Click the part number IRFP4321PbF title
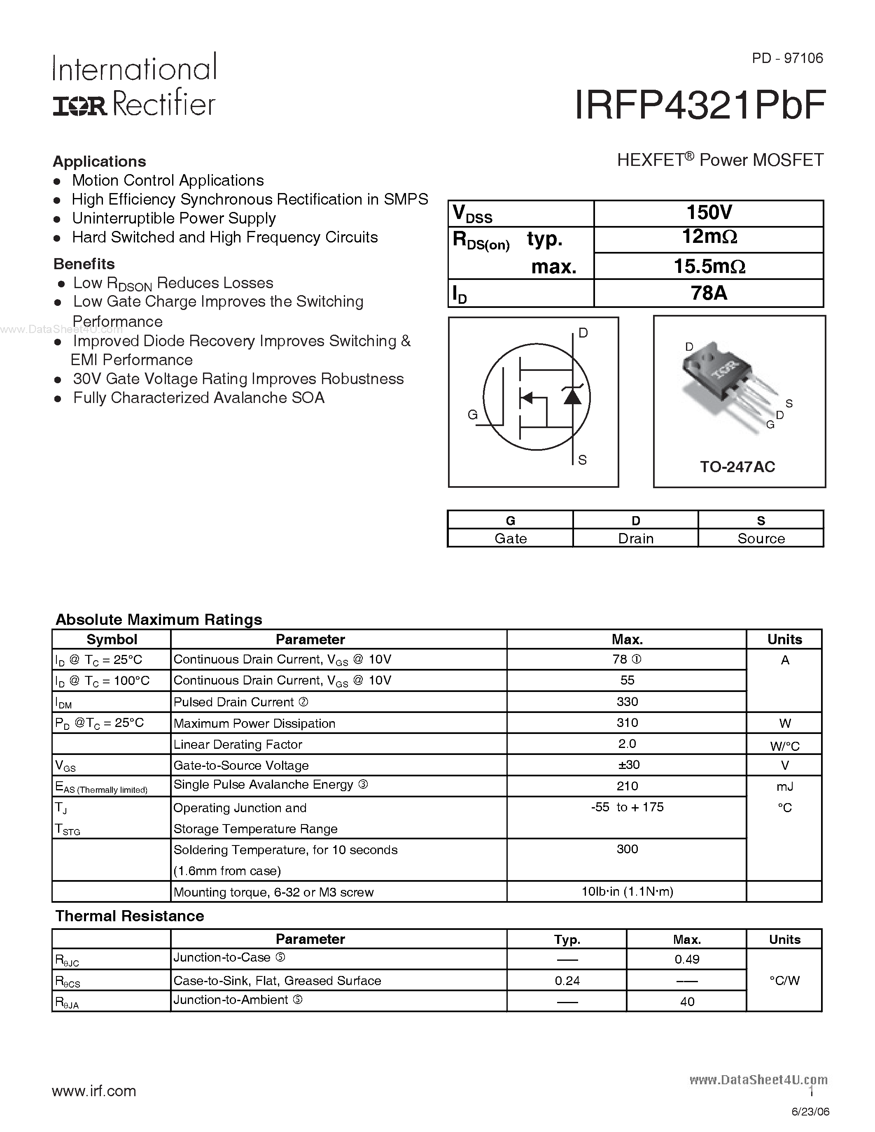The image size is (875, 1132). (x=699, y=106)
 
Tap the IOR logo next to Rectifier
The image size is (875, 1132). (x=79, y=106)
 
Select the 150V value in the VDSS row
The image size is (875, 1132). (x=709, y=212)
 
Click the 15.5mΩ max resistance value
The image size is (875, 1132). (x=709, y=266)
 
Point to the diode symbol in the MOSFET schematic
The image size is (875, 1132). (x=572, y=396)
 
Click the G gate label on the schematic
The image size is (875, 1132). (x=472, y=415)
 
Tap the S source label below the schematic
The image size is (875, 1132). (x=582, y=460)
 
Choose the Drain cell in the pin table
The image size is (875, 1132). (x=635, y=538)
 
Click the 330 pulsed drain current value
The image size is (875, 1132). (x=627, y=702)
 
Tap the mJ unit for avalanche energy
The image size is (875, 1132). (x=785, y=787)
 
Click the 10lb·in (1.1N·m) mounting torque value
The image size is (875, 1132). (x=627, y=892)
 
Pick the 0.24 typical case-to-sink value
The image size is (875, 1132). (x=567, y=981)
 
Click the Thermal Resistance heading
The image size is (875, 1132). (x=130, y=916)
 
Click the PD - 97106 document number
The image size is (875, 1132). (x=787, y=58)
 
